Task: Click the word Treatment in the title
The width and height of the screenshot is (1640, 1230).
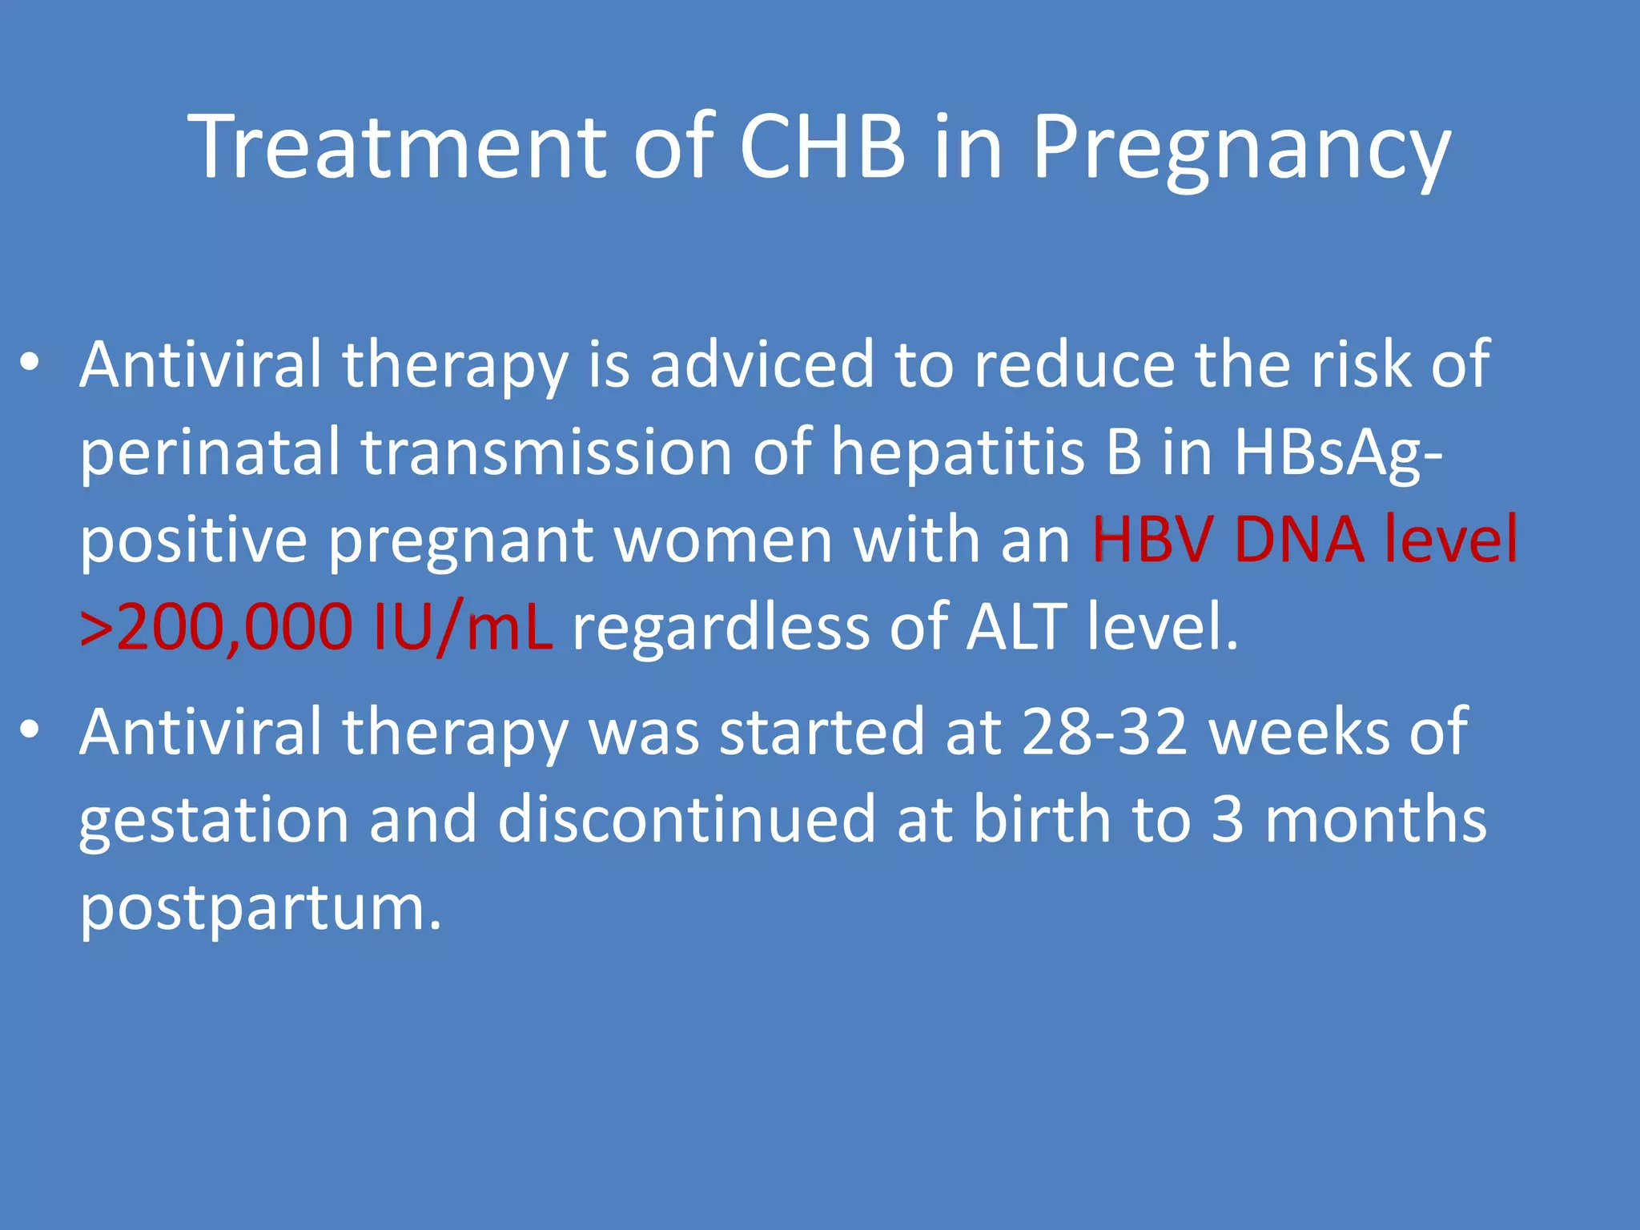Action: click(398, 148)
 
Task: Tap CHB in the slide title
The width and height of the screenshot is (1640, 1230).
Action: click(822, 148)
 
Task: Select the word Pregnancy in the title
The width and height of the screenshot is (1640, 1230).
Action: click(1240, 152)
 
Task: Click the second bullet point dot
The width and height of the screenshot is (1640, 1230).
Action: click(30, 730)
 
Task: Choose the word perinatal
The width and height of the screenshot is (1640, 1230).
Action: click(210, 453)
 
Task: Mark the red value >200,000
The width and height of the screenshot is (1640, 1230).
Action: click(216, 628)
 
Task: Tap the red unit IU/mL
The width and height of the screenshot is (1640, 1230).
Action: click(462, 628)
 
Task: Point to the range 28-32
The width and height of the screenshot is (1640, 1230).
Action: click(1104, 733)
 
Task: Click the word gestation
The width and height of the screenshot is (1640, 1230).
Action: click(214, 821)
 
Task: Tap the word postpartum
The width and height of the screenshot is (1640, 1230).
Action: click(260, 910)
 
